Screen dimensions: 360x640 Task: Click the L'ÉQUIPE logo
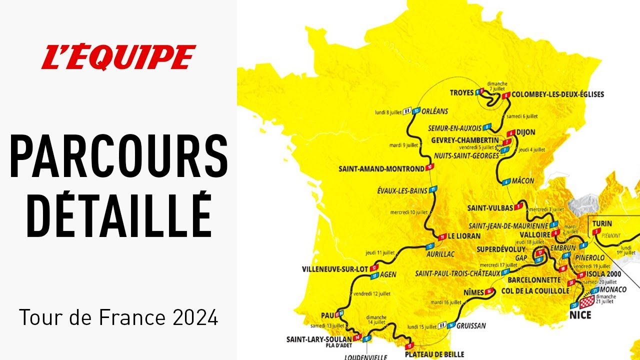click(x=118, y=57)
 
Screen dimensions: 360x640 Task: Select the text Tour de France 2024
click(x=118, y=317)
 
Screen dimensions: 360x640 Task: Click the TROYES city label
click(x=461, y=92)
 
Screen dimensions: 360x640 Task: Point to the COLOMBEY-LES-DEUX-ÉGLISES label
click(x=558, y=94)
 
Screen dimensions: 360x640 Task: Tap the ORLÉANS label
click(x=435, y=111)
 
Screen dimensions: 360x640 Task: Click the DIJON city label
click(x=526, y=132)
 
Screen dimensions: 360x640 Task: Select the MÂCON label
click(x=524, y=181)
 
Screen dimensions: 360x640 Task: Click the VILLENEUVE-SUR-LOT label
click(x=335, y=269)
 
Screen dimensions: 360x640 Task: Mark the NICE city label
click(x=580, y=315)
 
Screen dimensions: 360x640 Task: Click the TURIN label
click(x=601, y=224)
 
